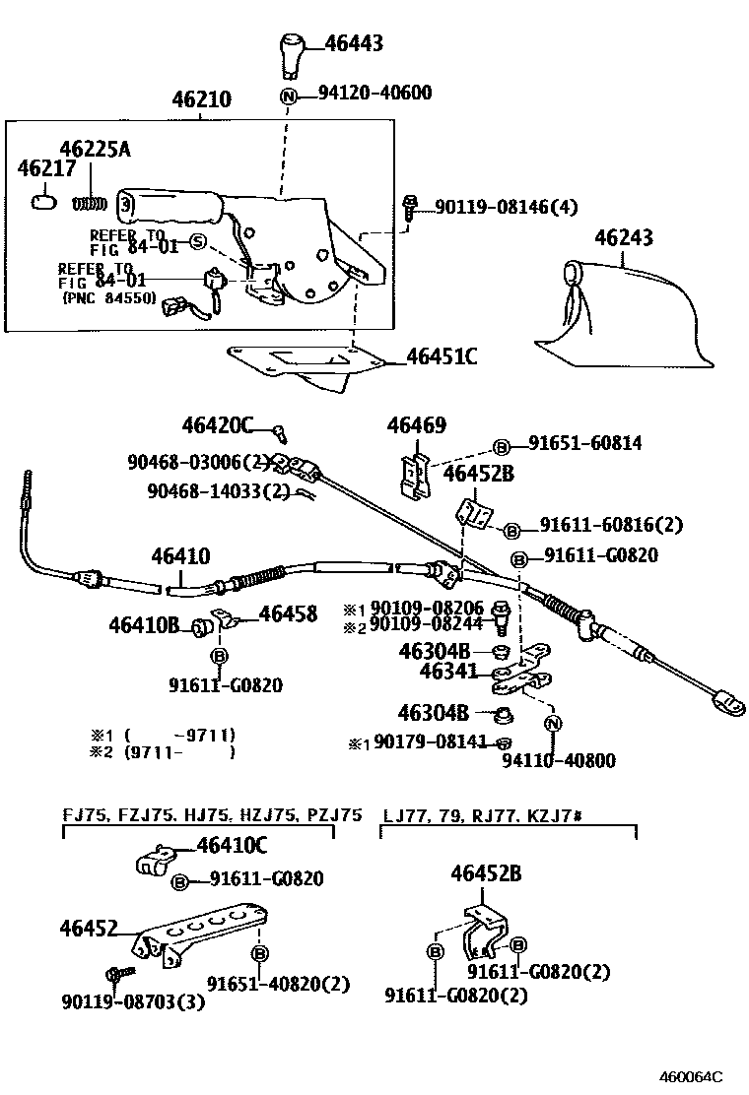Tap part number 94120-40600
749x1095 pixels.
[374, 94]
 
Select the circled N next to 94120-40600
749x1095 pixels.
[289, 97]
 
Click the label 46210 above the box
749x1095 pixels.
[201, 100]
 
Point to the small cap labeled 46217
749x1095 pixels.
[43, 202]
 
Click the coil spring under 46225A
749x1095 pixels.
[91, 203]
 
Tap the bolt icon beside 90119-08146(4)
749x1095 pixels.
[411, 206]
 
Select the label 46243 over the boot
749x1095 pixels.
[623, 238]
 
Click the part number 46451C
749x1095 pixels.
[442, 356]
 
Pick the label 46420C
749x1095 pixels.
[217, 425]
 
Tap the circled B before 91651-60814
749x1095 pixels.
[500, 445]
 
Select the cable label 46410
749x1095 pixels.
[180, 557]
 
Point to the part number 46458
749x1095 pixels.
[288, 614]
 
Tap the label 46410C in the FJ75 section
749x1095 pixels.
[232, 845]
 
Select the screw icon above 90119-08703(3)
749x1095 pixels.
[115, 973]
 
